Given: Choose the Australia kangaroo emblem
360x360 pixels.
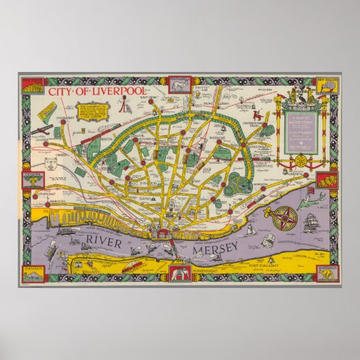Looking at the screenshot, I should click(327, 274).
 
